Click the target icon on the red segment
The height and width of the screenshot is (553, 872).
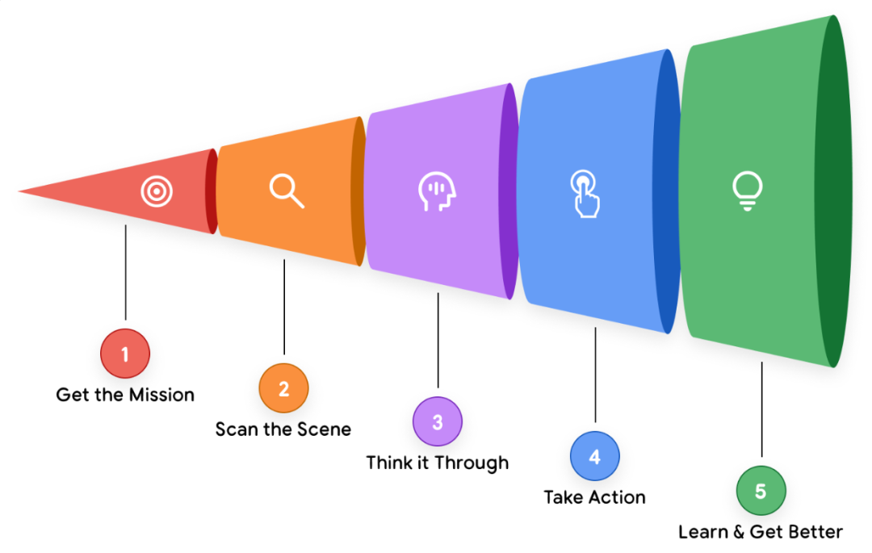click(154, 191)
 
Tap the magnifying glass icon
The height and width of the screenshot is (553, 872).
click(287, 190)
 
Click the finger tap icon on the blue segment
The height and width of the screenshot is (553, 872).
click(585, 194)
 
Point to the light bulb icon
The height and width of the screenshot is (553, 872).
click(747, 191)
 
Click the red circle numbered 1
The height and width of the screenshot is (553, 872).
click(125, 354)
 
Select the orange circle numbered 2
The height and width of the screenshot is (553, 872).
click(283, 388)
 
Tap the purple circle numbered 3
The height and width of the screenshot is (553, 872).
click(438, 421)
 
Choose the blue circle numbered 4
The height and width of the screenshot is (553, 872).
click(595, 456)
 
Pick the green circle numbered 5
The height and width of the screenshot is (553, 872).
click(761, 491)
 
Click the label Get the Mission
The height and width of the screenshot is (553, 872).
click(125, 395)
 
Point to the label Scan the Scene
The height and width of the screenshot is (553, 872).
click(283, 429)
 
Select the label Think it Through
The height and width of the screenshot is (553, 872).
click(438, 463)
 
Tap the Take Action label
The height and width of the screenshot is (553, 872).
click(595, 496)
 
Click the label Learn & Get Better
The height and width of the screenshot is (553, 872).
click(761, 531)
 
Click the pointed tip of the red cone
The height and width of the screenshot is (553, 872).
click(23, 192)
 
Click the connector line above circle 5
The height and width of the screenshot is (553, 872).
click(761, 412)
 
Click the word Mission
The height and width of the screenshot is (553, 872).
click(163, 395)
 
